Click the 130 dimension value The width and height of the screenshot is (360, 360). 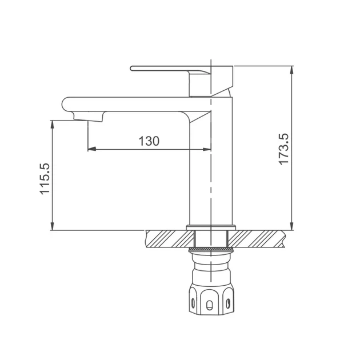pos(149,141)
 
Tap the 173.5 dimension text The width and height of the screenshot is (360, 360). pos(283,149)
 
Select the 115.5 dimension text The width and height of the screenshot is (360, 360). pos(45,179)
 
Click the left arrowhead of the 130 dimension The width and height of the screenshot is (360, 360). pos(92,149)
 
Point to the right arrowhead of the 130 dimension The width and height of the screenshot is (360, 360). pos(207,149)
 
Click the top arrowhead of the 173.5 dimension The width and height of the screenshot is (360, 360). pos(291,70)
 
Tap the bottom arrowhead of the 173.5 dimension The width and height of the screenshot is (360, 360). pos(291,226)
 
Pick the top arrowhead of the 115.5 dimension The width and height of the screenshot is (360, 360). pos(53,124)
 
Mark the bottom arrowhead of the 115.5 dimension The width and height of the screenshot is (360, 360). pos(53,226)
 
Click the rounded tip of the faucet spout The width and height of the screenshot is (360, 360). pos(63,104)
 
